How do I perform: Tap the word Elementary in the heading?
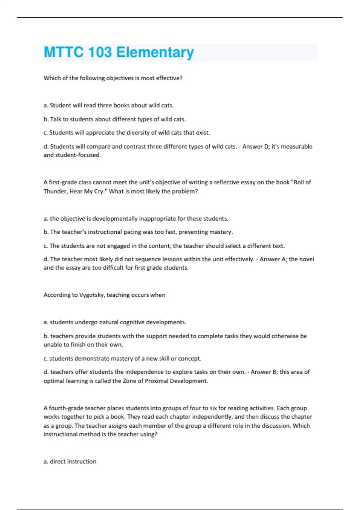[155, 52]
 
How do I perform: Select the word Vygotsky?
[92, 295]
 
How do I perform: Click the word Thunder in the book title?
[55, 191]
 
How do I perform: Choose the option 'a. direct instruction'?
[70, 462]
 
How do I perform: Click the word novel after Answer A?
[306, 259]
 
